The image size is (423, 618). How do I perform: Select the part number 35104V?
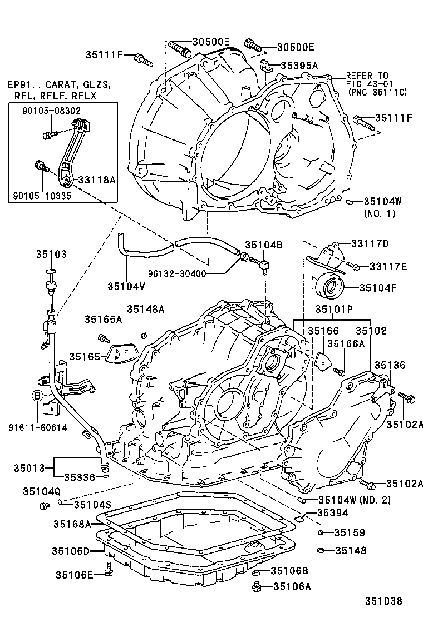pos(126,286)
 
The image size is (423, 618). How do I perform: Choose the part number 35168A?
pos(72,523)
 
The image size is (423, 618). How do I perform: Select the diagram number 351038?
pos(383,601)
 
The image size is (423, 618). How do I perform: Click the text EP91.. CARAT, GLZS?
pos(58,85)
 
